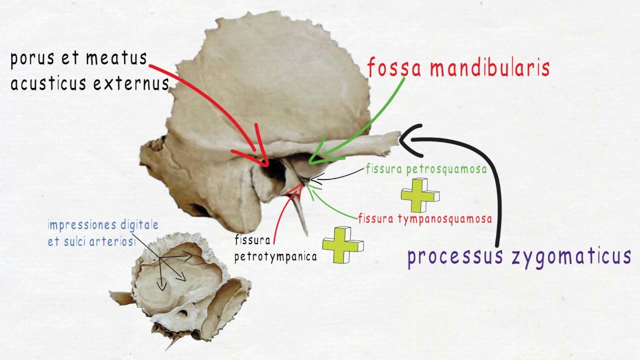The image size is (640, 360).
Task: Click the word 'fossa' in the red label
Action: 394,67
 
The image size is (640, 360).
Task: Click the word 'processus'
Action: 455,257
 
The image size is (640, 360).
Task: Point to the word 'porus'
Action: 32,59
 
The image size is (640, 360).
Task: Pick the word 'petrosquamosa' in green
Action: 446,169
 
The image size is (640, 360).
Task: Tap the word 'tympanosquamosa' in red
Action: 445,219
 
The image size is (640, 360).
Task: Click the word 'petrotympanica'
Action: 275,257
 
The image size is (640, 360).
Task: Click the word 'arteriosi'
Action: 112,241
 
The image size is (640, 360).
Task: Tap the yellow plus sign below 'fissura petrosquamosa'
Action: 420,195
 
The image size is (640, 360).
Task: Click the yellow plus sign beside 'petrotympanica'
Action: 342,245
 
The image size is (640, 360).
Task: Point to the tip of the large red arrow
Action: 267,165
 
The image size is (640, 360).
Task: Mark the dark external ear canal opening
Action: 273,170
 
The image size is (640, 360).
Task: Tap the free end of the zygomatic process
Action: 399,137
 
